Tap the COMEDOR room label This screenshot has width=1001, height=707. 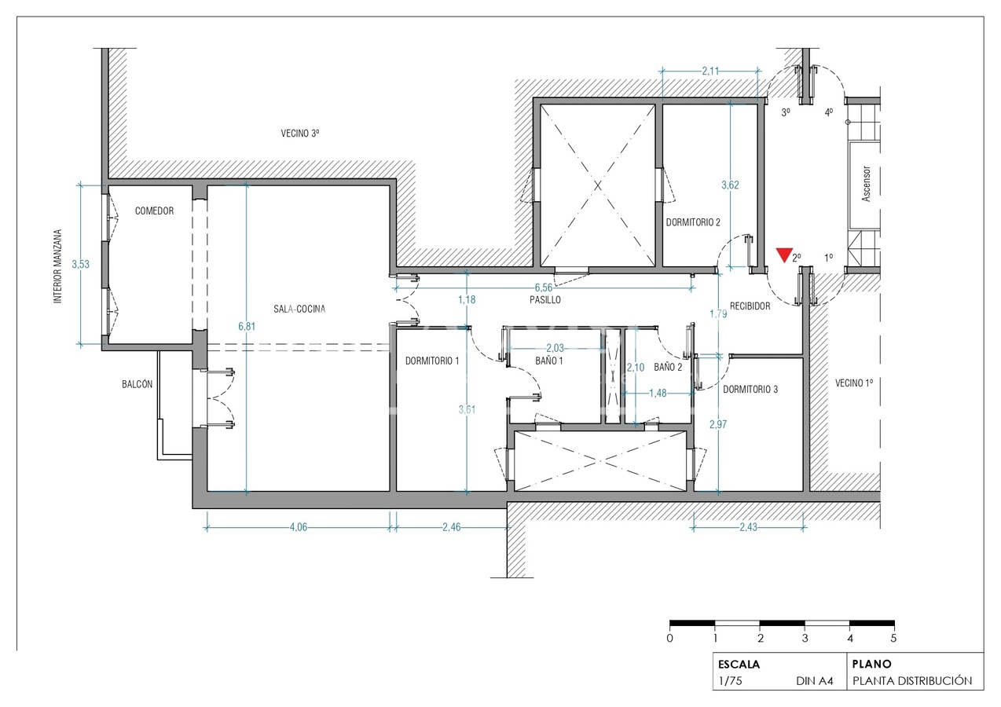pos(154,211)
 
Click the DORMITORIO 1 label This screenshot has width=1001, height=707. pos(431,361)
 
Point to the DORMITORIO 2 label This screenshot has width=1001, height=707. pos(693,222)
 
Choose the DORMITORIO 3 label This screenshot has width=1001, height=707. pos(750,389)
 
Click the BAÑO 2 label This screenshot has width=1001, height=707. pos(668,367)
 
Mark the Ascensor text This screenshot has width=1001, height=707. pos(866,184)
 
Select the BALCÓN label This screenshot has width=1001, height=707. pos(137,384)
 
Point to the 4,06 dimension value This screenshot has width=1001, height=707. pos(298,527)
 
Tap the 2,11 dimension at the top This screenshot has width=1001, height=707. pos(710,71)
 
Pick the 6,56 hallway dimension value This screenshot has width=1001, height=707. pos(544,288)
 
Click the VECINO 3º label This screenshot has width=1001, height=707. pos(300,134)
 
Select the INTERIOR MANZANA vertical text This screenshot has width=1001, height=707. pos(57,266)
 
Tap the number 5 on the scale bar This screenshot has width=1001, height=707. pos(894,638)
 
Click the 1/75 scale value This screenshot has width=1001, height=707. pos(730,681)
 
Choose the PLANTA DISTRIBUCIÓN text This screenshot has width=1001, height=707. pos(912,681)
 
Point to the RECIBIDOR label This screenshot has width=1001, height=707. pos(750,306)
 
